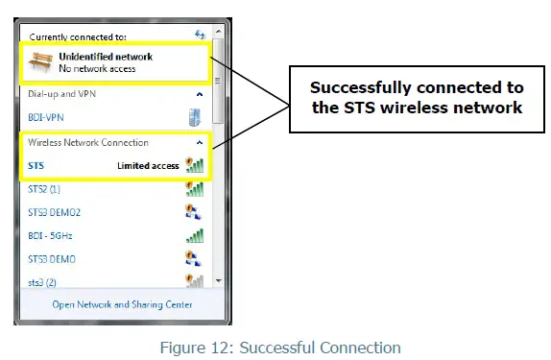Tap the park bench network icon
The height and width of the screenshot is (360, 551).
click(42, 62)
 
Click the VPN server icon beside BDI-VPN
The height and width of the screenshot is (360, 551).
click(194, 117)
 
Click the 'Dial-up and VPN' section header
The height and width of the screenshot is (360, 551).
click(62, 94)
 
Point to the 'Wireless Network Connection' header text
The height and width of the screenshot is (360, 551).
click(88, 142)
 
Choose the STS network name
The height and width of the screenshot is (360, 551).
click(36, 165)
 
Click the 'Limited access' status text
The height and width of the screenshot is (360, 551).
click(148, 165)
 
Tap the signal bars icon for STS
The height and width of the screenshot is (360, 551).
click(194, 165)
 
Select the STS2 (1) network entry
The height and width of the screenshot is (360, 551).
click(45, 189)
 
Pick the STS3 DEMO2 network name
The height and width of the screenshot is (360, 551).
click(56, 212)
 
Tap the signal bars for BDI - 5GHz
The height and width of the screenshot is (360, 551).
click(194, 235)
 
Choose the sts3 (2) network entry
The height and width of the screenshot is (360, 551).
click(43, 282)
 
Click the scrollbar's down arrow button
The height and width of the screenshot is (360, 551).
click(218, 280)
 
